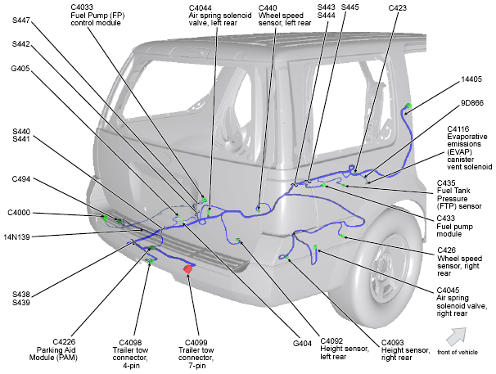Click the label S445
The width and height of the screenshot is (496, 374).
coord(349,7)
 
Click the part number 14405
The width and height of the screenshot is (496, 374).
coord(472,79)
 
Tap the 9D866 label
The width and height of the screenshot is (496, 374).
coord(472,104)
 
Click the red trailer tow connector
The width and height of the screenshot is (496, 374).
coord(187,268)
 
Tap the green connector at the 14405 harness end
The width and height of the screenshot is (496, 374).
coord(408,106)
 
